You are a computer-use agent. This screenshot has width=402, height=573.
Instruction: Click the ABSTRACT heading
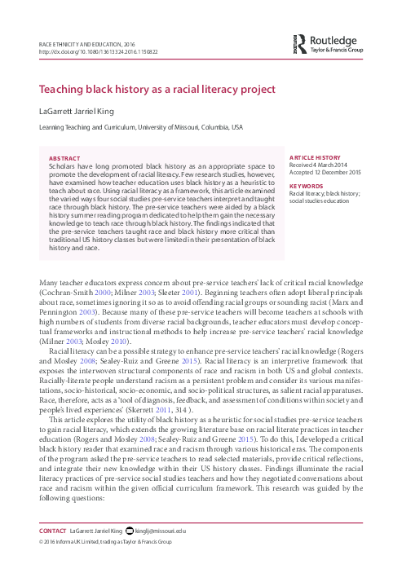point(64,158)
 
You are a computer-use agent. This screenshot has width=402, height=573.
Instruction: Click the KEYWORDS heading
point(307,185)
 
